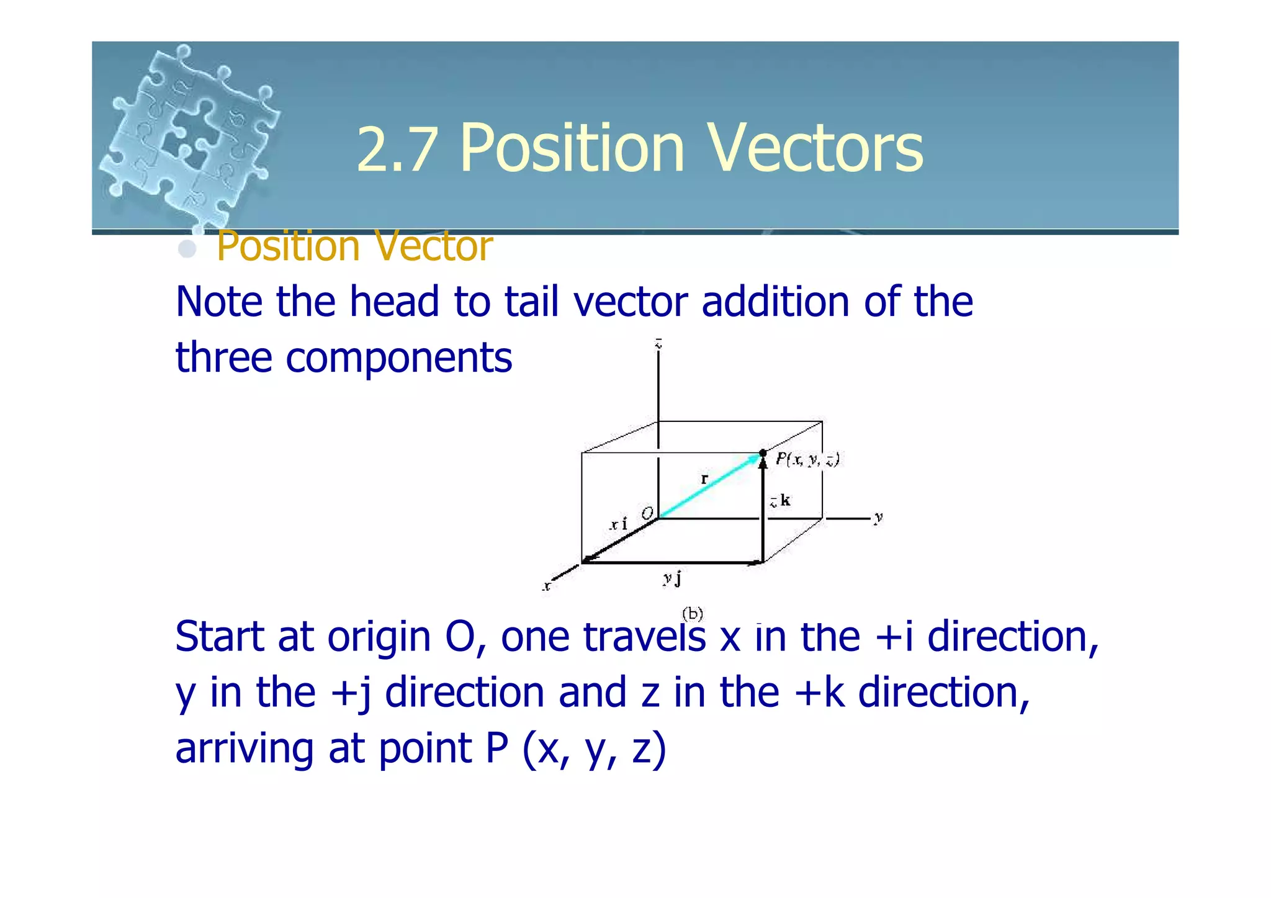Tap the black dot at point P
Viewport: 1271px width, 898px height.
(x=763, y=453)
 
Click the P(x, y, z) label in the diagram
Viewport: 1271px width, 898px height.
(x=807, y=459)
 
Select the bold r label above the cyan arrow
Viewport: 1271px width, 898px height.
(x=704, y=478)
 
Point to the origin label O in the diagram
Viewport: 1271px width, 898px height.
(x=647, y=513)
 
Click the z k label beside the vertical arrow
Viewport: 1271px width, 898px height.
(x=780, y=500)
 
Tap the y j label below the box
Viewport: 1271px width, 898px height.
(x=672, y=578)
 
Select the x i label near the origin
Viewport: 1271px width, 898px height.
(x=619, y=524)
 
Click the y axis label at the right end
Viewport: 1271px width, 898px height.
(x=878, y=517)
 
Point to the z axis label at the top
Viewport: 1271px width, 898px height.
(x=658, y=343)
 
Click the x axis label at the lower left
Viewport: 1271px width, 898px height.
(x=547, y=585)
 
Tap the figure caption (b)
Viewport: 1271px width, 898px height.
(x=693, y=614)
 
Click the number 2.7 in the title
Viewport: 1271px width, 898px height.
(x=396, y=150)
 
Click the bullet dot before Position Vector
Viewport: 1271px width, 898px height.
(x=187, y=249)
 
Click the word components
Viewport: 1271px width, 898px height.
(x=398, y=358)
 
